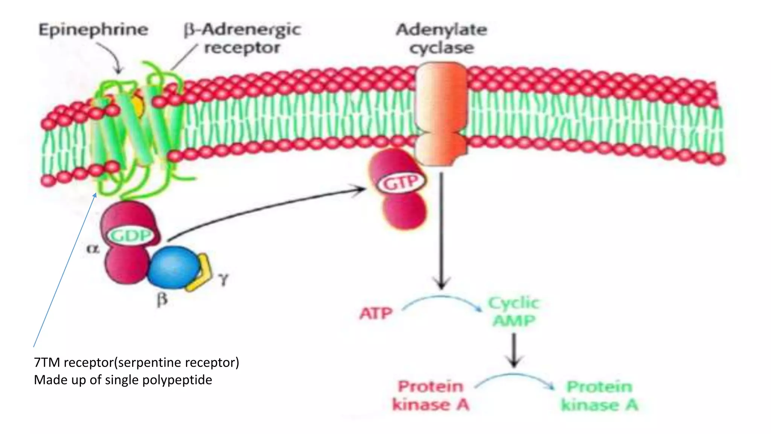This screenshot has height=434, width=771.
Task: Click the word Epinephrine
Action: click(x=93, y=30)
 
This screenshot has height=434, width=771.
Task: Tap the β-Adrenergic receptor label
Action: click(x=242, y=38)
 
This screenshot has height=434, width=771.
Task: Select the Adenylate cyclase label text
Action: click(x=441, y=38)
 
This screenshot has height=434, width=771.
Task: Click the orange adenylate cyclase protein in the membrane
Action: click(x=441, y=113)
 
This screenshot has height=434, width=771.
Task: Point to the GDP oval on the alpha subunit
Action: click(x=131, y=236)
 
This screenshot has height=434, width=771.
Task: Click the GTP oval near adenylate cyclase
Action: click(x=401, y=183)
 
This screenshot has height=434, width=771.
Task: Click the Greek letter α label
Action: click(x=93, y=249)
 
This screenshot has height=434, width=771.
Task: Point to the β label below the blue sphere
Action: click(x=162, y=300)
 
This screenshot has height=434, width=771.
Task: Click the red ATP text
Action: click(x=376, y=313)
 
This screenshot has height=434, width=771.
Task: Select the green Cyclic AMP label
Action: click(x=514, y=312)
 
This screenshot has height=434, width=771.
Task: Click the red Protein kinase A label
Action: click(x=431, y=396)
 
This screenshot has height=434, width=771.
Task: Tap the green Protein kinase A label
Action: click(x=599, y=396)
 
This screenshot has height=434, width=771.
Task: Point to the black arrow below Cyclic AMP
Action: click(x=514, y=350)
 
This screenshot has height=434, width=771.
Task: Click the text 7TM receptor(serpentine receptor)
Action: click(x=136, y=362)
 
